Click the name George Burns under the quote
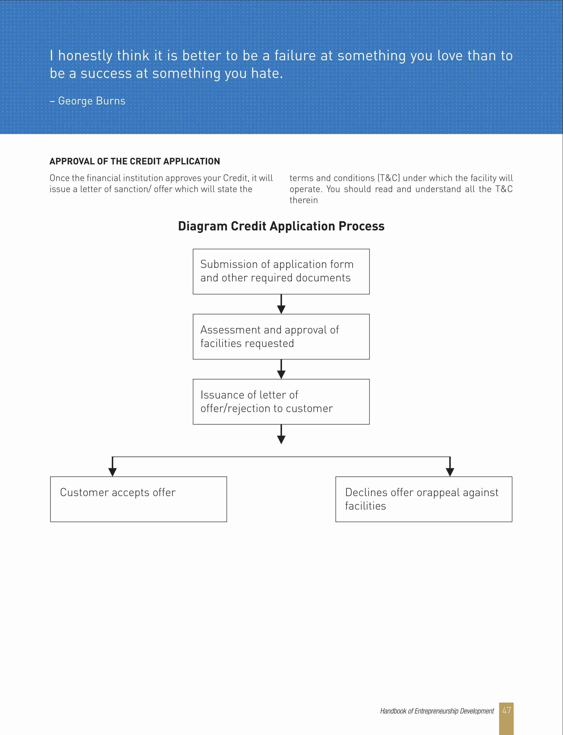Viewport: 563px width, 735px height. point(92,101)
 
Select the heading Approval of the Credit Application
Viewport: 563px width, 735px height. point(135,161)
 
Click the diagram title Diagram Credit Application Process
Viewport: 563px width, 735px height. point(281,226)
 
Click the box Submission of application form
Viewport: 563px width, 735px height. point(281,271)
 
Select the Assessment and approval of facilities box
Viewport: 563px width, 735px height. point(281,336)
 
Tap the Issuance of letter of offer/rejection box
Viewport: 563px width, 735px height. point(281,402)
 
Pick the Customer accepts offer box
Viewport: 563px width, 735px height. point(138,499)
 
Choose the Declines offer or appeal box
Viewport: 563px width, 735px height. point(424,499)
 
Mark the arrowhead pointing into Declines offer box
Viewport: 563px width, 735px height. point(450,472)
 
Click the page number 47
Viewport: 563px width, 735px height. point(506,710)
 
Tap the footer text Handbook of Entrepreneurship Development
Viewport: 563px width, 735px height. point(437,711)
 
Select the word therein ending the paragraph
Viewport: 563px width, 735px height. point(303,200)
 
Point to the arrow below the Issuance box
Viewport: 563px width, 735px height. point(281,435)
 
